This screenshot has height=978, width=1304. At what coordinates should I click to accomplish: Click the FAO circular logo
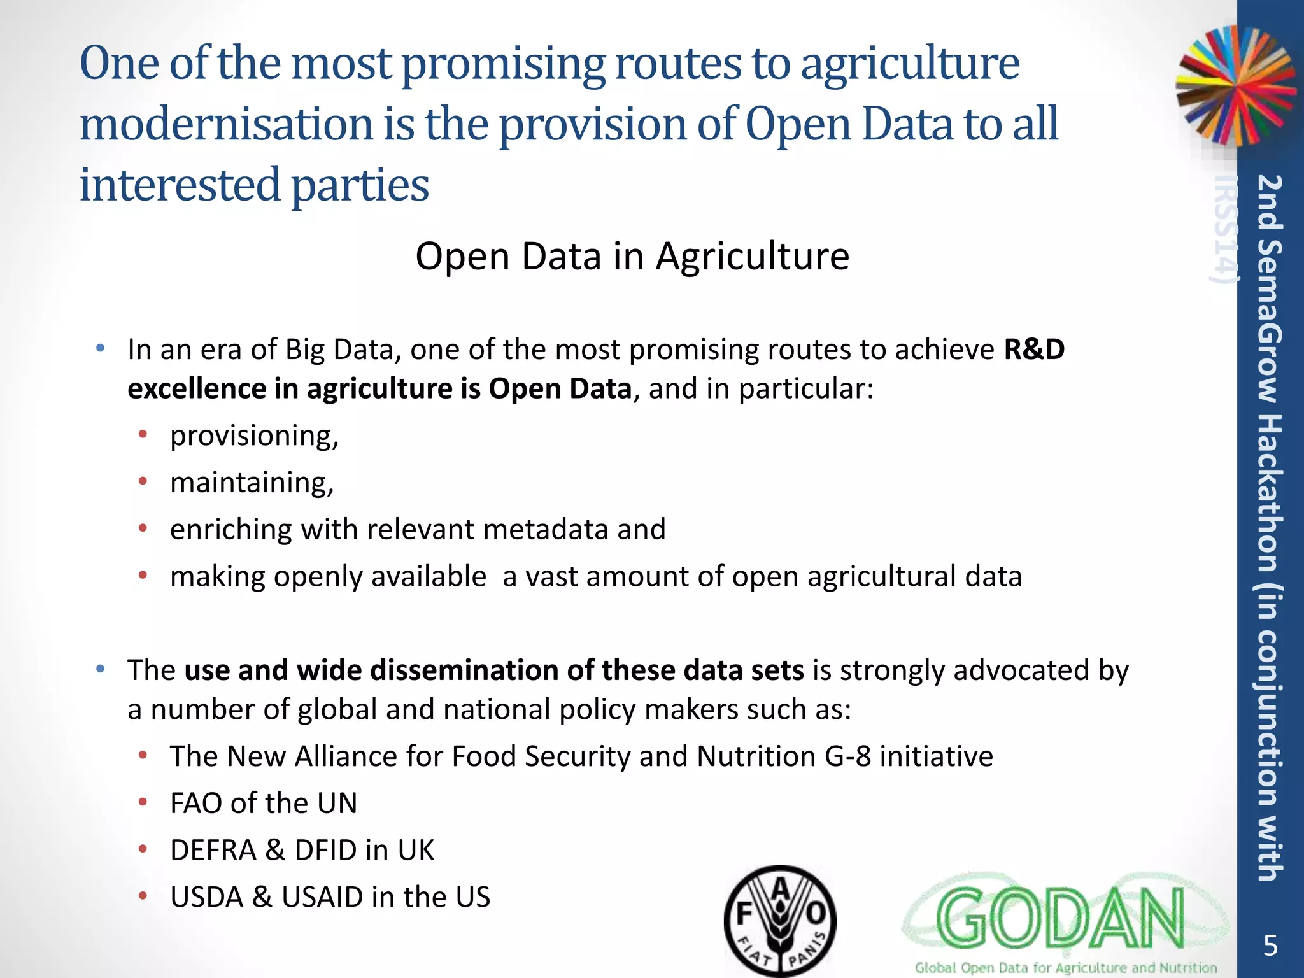click(780, 921)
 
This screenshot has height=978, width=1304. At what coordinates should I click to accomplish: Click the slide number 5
click(1270, 946)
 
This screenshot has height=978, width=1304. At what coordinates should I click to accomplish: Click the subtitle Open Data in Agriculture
click(632, 256)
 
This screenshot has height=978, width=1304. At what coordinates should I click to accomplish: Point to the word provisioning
click(254, 436)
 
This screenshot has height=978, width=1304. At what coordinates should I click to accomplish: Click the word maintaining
click(252, 483)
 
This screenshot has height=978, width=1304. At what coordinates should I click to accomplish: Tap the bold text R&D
click(1034, 350)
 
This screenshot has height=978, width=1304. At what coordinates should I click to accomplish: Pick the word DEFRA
click(213, 851)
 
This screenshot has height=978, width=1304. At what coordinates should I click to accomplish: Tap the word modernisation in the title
click(226, 124)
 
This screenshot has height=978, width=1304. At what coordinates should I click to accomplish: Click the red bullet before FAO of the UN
click(143, 803)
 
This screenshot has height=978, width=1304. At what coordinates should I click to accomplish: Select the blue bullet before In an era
click(100, 349)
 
